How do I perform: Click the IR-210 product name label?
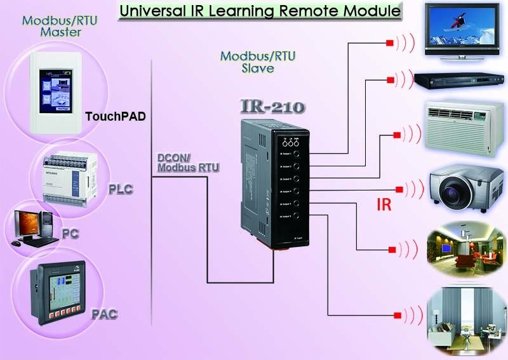click(273, 105)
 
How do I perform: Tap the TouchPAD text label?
click(115, 117)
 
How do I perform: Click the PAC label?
click(104, 314)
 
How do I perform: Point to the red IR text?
click(384, 205)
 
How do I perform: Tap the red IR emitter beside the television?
click(389, 43)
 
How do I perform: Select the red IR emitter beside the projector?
click(399, 189)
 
